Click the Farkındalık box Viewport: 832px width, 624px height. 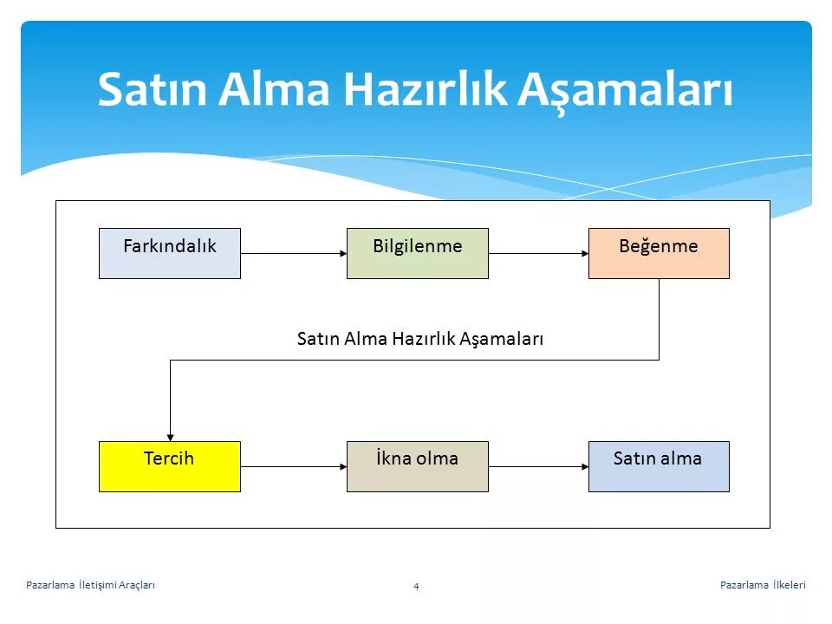170,253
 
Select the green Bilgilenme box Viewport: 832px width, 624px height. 417,253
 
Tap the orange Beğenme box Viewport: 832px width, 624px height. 659,253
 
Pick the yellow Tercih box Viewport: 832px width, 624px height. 170,466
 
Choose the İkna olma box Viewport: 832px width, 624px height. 417,466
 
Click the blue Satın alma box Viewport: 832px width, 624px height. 659,466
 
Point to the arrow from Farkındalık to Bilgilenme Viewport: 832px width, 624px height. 293,253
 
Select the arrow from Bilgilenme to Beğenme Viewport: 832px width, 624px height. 538,253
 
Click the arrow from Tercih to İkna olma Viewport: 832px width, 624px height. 293,467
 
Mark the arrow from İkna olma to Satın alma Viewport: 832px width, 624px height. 538,467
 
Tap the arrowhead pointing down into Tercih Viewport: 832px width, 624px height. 171,436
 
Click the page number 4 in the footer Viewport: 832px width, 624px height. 416,587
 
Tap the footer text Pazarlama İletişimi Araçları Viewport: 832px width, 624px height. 91,586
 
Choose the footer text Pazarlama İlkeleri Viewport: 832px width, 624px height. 763,586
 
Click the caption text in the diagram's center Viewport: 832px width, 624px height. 419,339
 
